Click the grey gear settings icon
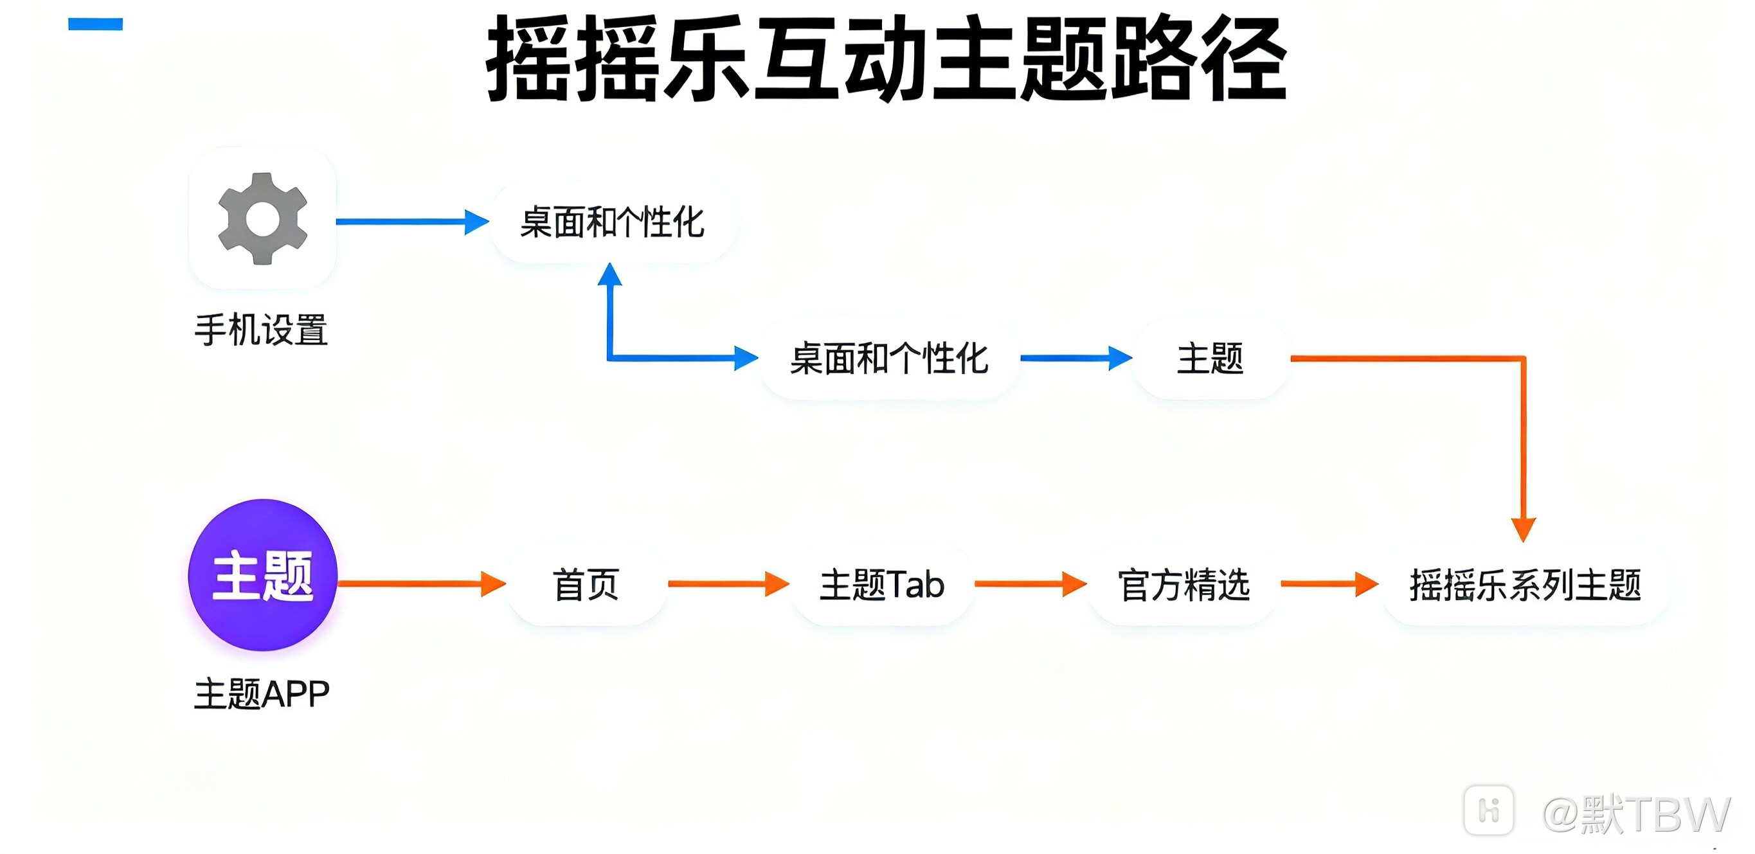(263, 218)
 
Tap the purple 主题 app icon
(263, 576)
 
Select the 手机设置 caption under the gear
(262, 330)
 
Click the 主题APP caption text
(262, 695)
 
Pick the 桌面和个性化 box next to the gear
(612, 222)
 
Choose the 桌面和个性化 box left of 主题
(888, 358)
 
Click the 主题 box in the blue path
(1210, 358)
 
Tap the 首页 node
(586, 584)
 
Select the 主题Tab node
(881, 584)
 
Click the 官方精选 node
(1184, 584)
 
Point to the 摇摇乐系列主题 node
(1525, 584)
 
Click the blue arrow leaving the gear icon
(411, 221)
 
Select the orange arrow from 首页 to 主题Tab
(728, 583)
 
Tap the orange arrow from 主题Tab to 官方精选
(1030, 583)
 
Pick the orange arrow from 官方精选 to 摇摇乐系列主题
(1329, 583)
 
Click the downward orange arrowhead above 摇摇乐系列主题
(1524, 528)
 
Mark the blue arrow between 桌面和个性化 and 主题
(1075, 358)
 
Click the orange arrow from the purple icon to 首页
(421, 583)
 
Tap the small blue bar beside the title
(95, 24)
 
